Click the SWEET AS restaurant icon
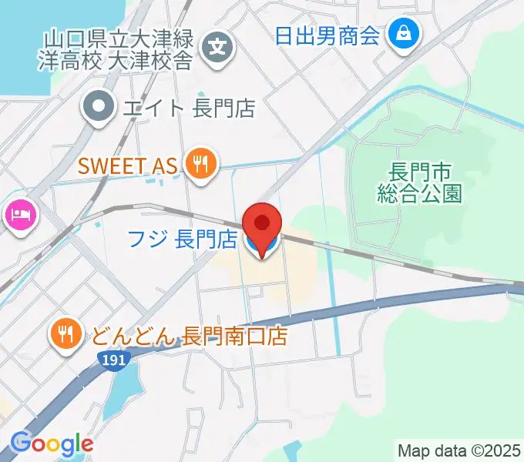pos(201,165)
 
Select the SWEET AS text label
pos(128,165)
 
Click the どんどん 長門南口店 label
pos(189,336)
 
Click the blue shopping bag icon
pos(404,35)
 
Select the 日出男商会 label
pos(327,35)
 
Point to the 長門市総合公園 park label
pos(419,182)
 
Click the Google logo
pos(52,443)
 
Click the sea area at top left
pos(46,15)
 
